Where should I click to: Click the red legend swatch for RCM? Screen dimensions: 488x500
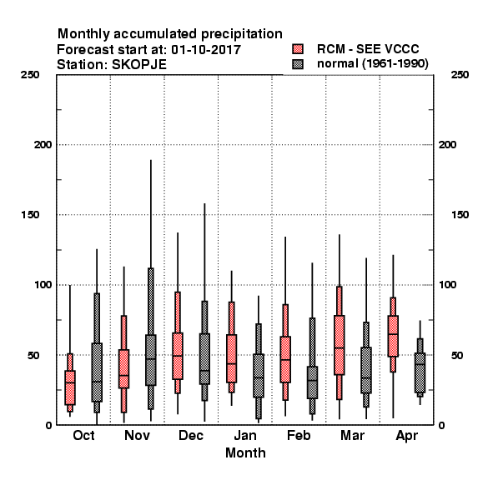click(x=298, y=49)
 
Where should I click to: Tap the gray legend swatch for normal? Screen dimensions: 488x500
click(x=298, y=64)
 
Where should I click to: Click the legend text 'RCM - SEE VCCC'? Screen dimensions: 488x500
click(x=368, y=49)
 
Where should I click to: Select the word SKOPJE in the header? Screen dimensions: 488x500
click(x=139, y=65)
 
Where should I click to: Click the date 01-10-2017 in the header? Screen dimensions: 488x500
click(x=206, y=50)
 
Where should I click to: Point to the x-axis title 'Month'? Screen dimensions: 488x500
click(x=245, y=452)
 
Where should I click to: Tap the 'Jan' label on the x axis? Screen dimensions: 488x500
click(x=245, y=435)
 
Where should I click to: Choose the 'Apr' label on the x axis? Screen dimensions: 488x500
click(x=406, y=436)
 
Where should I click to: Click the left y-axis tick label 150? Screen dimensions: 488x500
click(x=30, y=215)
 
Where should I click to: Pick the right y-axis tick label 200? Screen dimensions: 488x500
click(x=447, y=145)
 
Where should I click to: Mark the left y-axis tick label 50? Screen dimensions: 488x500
click(x=33, y=355)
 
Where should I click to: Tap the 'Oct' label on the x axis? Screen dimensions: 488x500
click(x=83, y=435)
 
